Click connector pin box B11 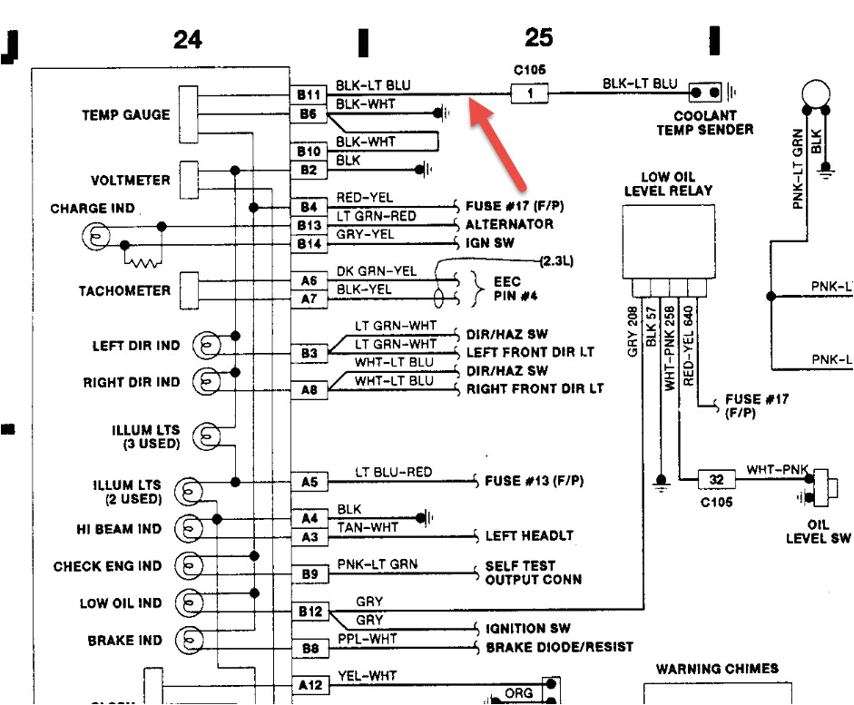(x=309, y=94)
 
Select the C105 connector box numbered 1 (x=533, y=92)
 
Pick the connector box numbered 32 (x=716, y=479)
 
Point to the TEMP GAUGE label (x=125, y=115)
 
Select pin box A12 (x=309, y=684)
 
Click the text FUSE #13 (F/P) (x=535, y=480)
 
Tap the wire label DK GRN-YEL (x=377, y=270)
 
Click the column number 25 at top (x=538, y=38)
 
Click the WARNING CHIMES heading (x=717, y=669)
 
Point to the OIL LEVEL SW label (x=820, y=532)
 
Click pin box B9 (x=309, y=573)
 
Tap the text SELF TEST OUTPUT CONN (x=534, y=573)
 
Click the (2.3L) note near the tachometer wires (x=556, y=260)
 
